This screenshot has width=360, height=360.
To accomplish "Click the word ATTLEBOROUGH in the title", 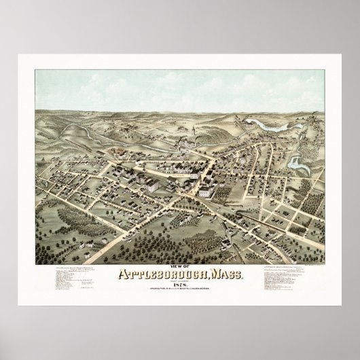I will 166,275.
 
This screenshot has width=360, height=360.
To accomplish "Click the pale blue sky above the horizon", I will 180,88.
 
